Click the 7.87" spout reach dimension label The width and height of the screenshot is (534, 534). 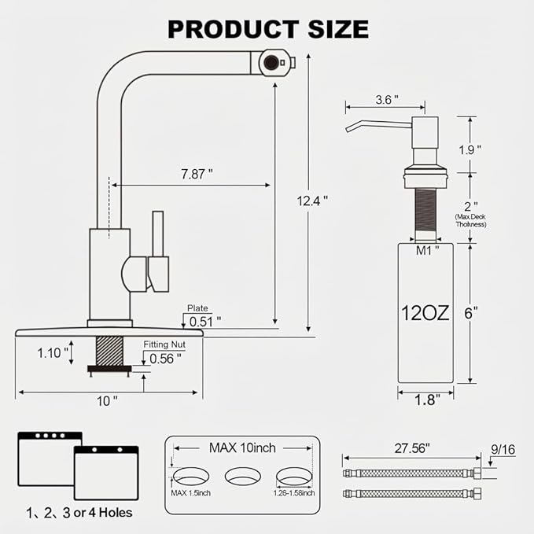[197, 174]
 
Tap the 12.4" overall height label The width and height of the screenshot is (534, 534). [312, 201]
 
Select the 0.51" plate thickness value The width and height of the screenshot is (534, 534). [205, 322]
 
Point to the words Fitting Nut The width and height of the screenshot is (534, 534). [164, 344]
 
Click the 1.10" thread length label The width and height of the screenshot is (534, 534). [53, 353]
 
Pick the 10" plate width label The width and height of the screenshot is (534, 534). [107, 401]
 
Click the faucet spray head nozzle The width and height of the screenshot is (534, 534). [277, 62]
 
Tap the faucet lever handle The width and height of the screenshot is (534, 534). [158, 252]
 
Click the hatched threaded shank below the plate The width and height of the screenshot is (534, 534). [109, 351]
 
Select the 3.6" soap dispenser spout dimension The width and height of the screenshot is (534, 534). [387, 99]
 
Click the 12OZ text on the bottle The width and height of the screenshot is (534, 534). [425, 313]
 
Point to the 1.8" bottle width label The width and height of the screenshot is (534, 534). [427, 400]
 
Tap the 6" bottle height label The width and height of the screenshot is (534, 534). [471, 313]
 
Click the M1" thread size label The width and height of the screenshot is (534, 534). [427, 251]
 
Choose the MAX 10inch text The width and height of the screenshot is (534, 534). [242, 447]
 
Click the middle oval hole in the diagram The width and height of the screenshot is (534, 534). [243, 476]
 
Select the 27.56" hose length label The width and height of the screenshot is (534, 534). [412, 448]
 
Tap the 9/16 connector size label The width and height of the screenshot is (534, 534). [503, 450]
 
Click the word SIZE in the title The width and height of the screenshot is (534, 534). [338, 29]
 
